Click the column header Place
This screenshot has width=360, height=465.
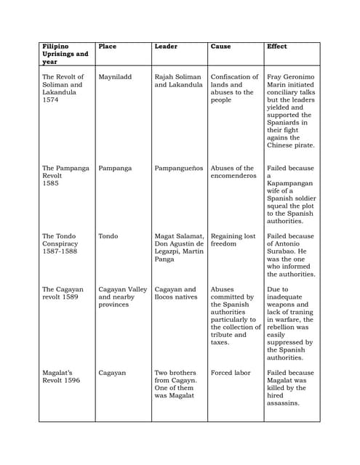[x=107, y=46]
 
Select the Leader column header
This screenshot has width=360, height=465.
[x=166, y=46]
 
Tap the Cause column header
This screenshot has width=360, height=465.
[x=220, y=46]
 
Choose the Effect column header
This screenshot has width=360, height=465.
[x=276, y=46]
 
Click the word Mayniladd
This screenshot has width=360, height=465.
[x=115, y=77]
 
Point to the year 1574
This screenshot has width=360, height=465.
[x=50, y=100]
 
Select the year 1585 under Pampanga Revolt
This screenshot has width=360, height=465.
[x=50, y=184]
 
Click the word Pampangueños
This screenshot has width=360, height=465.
[x=177, y=169]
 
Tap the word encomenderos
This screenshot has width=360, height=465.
[x=233, y=176]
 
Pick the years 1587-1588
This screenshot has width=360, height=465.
[x=59, y=251]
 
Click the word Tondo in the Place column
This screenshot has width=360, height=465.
[x=108, y=236]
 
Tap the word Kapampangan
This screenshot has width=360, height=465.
[x=292, y=184]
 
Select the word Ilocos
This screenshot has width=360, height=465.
[x=166, y=297]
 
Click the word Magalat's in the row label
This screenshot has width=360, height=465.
[x=59, y=373]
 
